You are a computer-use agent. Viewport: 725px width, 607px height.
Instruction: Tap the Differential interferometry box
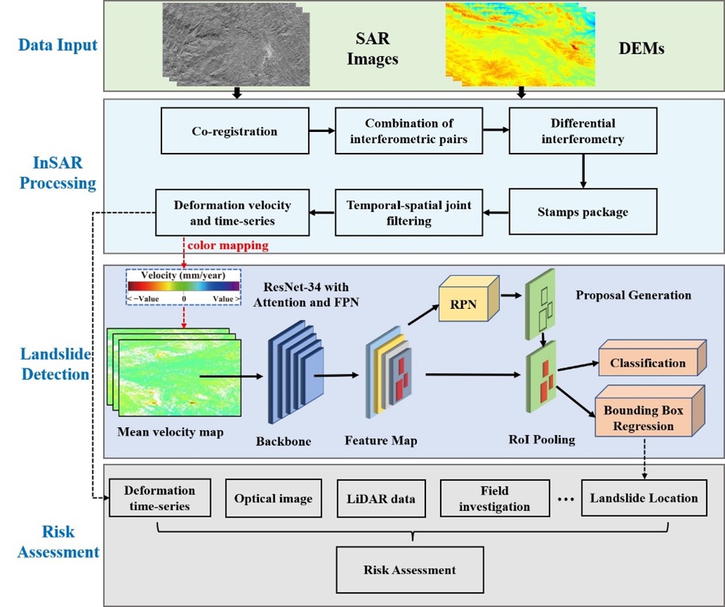tap(583, 131)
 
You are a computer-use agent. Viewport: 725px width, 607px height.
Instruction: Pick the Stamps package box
tap(583, 211)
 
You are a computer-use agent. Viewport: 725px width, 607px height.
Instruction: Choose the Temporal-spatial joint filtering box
tap(410, 211)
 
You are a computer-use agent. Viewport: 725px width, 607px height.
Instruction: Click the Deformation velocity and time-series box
tap(233, 211)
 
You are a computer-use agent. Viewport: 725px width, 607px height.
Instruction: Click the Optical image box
tap(273, 498)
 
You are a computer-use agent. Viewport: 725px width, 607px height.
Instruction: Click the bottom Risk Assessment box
tap(410, 570)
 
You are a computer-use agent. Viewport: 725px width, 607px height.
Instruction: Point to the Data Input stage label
tap(58, 46)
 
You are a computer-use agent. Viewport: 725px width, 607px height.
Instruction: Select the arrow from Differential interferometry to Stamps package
tap(583, 171)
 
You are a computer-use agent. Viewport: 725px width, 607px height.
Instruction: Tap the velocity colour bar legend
tap(183, 286)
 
